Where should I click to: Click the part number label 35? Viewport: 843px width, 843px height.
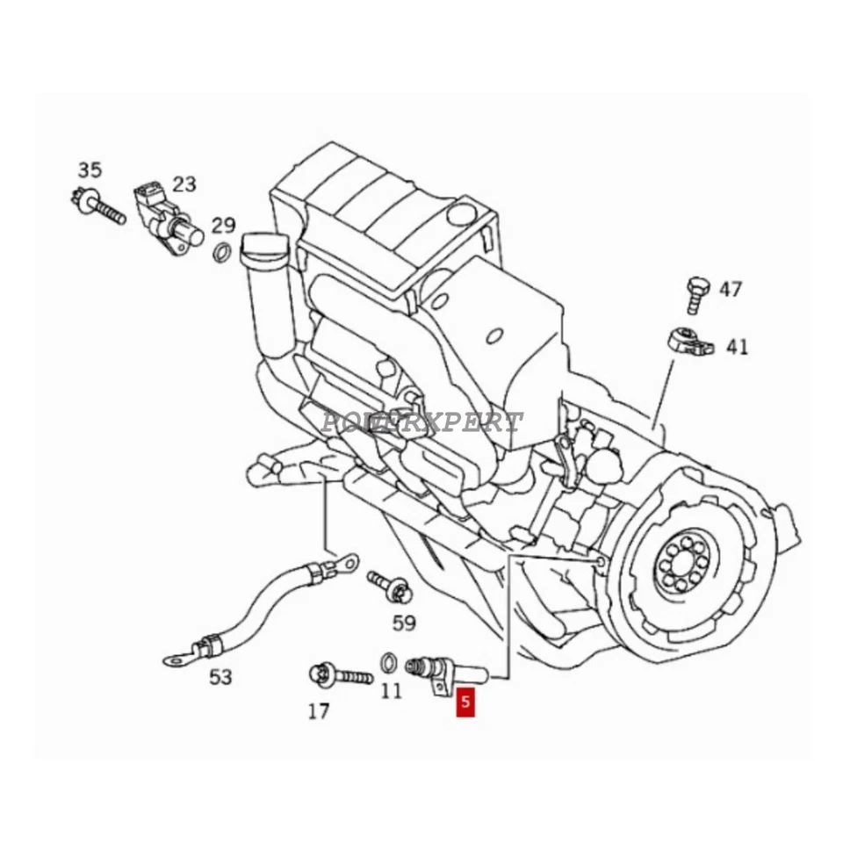90,169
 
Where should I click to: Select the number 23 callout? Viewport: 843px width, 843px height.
184,184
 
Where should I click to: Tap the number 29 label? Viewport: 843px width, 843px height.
224,225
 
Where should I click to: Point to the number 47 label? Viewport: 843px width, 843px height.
731,289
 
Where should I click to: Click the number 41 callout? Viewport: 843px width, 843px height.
737,347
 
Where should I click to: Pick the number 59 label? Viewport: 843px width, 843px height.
403,623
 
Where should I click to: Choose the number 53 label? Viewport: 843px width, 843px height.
220,676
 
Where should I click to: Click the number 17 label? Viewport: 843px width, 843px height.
318,711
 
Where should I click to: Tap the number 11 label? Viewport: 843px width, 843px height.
391,690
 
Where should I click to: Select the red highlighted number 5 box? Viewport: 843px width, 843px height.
465,702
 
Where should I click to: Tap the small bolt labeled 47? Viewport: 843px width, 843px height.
696,294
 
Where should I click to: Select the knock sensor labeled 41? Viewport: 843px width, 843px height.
688,340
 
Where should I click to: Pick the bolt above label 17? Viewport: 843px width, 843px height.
339,676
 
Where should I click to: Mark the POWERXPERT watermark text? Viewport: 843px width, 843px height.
421,421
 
